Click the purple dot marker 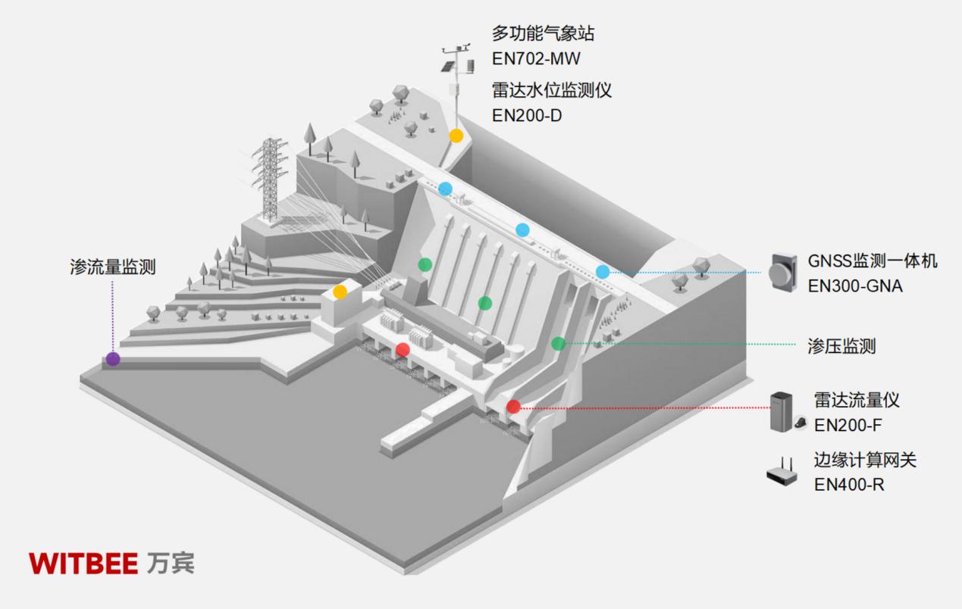click(x=112, y=359)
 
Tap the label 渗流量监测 click(x=112, y=267)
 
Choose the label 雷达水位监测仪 click(x=551, y=90)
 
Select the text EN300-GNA click(x=855, y=287)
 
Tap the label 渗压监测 click(x=841, y=346)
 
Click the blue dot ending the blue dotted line click(x=603, y=272)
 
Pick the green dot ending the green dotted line click(x=558, y=343)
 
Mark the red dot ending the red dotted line click(x=513, y=407)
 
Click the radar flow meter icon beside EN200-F click(x=785, y=413)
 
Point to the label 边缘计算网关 click(x=865, y=460)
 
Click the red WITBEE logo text click(x=83, y=564)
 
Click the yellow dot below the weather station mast click(x=456, y=136)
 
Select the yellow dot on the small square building click(x=340, y=292)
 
